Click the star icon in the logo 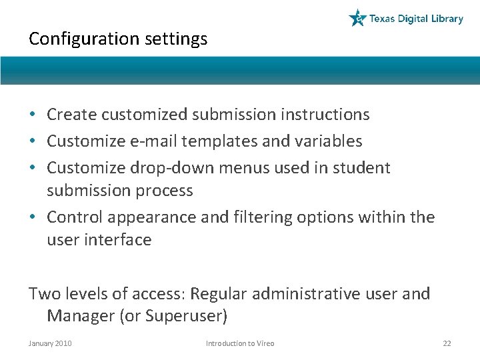358,18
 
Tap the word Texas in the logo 383,19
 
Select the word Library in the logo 447,19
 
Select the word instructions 325,115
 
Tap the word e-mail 146,141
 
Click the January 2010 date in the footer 50,343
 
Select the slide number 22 447,343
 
